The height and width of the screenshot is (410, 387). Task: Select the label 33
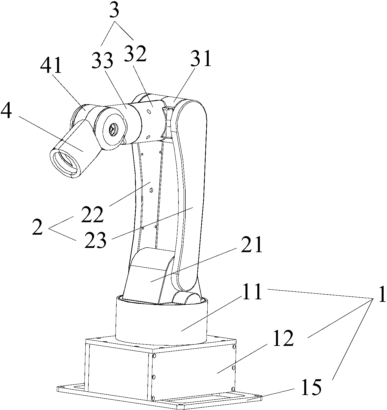pos(103,60)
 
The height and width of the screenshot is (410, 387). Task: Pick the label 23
pos(95,241)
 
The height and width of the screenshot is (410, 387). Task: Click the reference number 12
pos(283,339)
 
